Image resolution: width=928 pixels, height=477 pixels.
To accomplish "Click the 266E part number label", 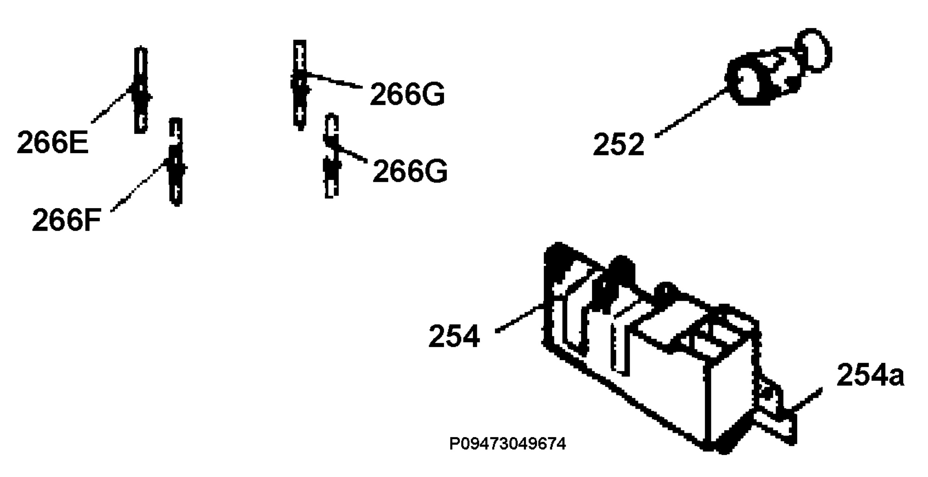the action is [53, 142].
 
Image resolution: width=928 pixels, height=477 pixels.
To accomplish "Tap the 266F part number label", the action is [67, 220].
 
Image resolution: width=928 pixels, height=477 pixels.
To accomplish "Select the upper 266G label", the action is [408, 94].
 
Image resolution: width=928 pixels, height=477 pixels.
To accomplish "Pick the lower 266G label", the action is [410, 171].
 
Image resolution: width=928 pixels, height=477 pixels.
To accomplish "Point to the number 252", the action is [619, 144].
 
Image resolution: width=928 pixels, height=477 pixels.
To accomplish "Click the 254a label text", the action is [870, 374].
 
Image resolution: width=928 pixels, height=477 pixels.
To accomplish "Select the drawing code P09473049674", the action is [508, 444].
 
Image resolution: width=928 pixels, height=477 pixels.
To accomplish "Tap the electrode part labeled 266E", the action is [140, 90].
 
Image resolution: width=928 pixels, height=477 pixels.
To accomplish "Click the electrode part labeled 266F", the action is [176, 162].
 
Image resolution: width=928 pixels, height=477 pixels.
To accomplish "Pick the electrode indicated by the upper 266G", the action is [300, 85].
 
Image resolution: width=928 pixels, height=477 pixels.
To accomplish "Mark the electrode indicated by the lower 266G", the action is [331, 156].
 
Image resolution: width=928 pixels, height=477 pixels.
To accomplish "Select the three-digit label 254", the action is [454, 336].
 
